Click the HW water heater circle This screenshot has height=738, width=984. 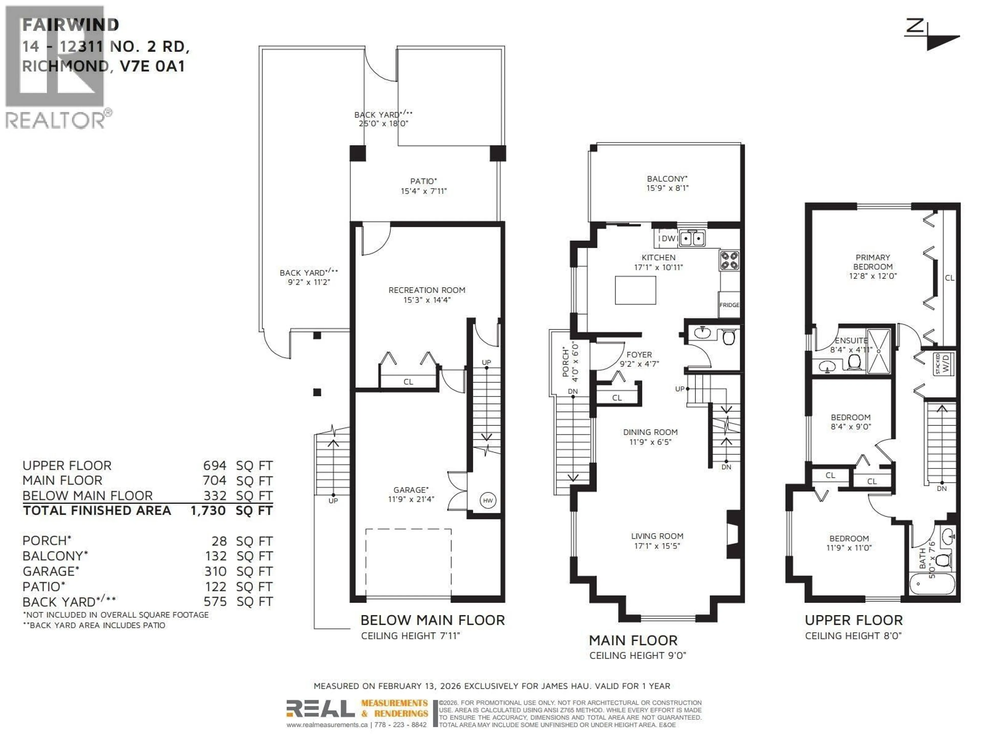pos(488,500)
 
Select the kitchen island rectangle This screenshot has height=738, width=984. pos(635,290)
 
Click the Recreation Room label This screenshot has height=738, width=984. pos(427,290)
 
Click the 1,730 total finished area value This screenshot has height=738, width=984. pos(208,511)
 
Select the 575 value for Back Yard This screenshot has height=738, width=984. pos(215,602)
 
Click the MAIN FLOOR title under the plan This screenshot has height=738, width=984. pos(633,641)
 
